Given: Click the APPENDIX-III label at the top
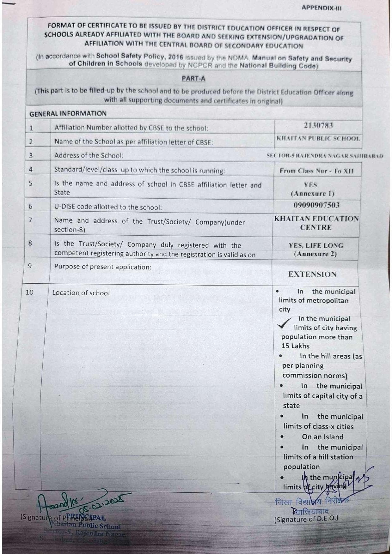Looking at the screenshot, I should coord(321,8).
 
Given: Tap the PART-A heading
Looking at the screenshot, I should coord(193,79).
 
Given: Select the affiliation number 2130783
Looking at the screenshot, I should coord(318,126).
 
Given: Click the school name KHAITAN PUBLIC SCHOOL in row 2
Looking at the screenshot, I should coord(318,138).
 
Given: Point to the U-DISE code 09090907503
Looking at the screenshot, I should coord(316,205).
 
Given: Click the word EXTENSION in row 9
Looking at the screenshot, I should coord(312,274).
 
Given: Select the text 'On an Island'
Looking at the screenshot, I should coord(322,437).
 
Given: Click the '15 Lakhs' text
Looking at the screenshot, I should coord(295,346).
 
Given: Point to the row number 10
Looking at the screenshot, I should coord(29,292).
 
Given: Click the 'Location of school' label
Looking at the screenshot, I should coord(81,293).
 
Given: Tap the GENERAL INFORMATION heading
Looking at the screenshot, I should coord(68,114).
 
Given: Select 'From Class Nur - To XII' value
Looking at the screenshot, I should coord(316,171).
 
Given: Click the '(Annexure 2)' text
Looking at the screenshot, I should coord(315,254).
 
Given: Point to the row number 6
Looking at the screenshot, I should coord(30,207).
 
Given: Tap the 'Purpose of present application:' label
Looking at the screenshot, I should coord(103,267).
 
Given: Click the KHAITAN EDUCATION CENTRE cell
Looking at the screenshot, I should coord(316,223).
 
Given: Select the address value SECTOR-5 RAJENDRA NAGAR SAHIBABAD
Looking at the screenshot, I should coord(324,156).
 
